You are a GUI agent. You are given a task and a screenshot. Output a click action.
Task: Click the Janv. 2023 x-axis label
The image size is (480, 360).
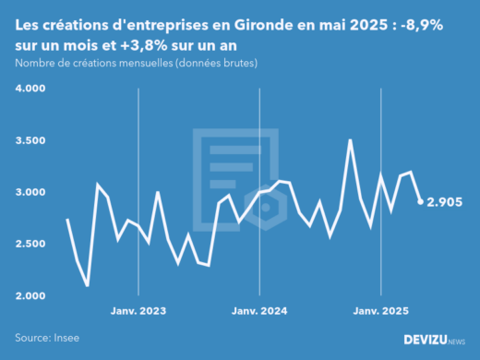(x=138, y=311)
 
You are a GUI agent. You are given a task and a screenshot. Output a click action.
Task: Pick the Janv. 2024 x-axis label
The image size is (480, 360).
(x=259, y=311)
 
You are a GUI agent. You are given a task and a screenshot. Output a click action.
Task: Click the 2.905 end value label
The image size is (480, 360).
(x=444, y=202)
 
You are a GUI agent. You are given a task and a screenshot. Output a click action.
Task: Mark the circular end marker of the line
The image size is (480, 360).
(x=421, y=201)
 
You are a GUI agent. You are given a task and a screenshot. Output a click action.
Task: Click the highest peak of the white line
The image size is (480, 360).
(x=350, y=140)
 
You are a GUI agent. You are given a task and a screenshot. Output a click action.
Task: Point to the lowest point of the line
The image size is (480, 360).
(x=88, y=285)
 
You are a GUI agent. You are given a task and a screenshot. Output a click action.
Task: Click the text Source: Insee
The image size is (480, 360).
(x=46, y=339)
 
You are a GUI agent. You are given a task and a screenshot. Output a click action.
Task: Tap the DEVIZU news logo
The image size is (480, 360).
(x=435, y=340)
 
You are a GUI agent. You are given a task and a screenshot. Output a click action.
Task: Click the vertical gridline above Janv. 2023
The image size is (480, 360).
(x=138, y=185)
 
